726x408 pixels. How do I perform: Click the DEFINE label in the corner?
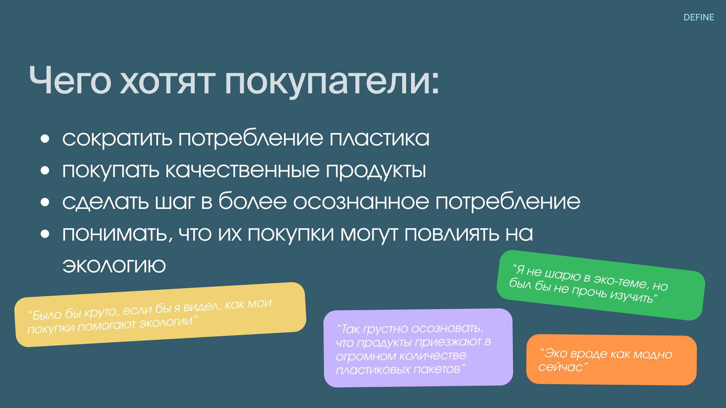pyautogui.click(x=699, y=17)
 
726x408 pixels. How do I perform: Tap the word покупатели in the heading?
pyautogui.click(x=332, y=82)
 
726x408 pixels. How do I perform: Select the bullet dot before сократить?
pyautogui.click(x=45, y=139)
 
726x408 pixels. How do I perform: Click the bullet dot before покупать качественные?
pyautogui.click(x=45, y=170)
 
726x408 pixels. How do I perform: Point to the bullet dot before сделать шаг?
pyautogui.click(x=45, y=202)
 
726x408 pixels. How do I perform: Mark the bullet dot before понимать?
pyautogui.click(x=45, y=234)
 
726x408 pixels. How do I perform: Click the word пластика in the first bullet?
pyautogui.click(x=380, y=138)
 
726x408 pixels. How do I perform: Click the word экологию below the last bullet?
pyautogui.click(x=114, y=266)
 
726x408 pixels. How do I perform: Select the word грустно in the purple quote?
pyautogui.click(x=385, y=329)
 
